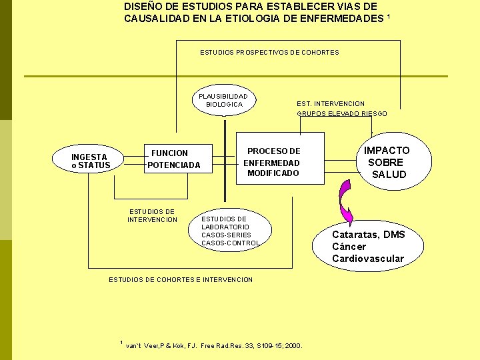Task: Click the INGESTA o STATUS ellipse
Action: [91, 161]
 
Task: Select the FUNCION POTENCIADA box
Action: [173, 159]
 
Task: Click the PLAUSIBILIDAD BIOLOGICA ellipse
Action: [224, 100]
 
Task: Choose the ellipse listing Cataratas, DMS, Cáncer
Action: [368, 246]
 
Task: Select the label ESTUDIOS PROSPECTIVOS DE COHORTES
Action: [269, 52]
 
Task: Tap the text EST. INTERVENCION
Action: [331, 103]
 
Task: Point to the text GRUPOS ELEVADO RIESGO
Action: [341, 113]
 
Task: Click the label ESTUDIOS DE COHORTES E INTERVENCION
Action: [181, 279]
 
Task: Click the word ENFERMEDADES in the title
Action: [343, 19]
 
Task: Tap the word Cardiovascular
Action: [368, 259]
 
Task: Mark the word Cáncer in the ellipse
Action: [349, 247]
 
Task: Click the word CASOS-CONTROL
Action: [231, 243]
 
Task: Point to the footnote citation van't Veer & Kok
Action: [213, 346]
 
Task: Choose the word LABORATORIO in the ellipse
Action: [225, 227]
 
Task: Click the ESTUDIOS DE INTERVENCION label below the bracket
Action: [152, 215]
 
